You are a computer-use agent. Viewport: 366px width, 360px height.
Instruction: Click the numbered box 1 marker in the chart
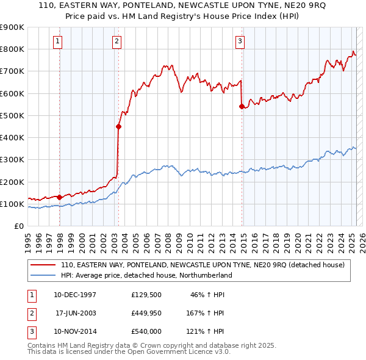pyautogui.click(x=57, y=41)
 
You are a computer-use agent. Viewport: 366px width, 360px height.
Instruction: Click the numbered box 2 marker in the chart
pyautogui.click(x=116, y=41)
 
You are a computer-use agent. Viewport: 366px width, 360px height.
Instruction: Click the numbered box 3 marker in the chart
pyautogui.click(x=240, y=41)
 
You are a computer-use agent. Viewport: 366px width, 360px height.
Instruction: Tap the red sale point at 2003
pyautogui.click(x=119, y=127)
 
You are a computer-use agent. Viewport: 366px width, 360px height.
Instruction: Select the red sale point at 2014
pyautogui.click(x=242, y=107)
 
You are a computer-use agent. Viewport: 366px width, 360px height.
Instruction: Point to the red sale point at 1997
pyautogui.click(x=59, y=197)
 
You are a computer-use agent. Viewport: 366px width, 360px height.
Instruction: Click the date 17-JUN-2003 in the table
pyautogui.click(x=76, y=313)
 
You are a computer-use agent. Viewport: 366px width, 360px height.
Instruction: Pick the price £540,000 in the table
pyautogui.click(x=146, y=332)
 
